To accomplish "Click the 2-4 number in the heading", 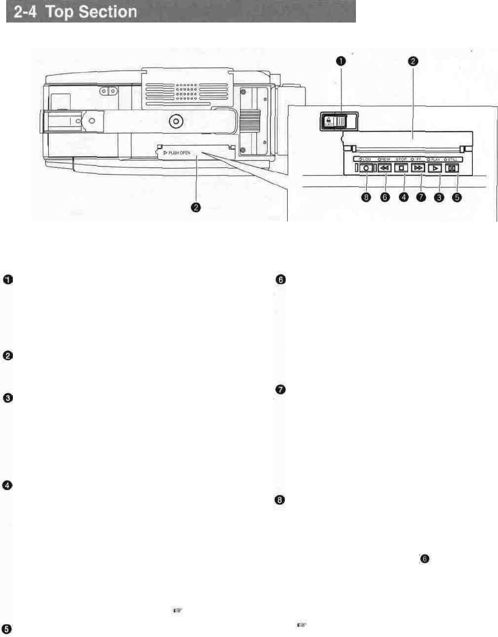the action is pos(24,12).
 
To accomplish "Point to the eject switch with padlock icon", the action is pos(334,121).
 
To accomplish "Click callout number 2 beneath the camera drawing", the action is pos(195,207).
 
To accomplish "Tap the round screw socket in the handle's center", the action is pos(176,121).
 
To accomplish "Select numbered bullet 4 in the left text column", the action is pos(8,485).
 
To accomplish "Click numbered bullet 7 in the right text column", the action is pos(280,390).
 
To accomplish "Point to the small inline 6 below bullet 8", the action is pos(424,559).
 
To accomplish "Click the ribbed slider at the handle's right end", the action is pos(250,121).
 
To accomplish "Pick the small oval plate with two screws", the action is pos(109,91).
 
